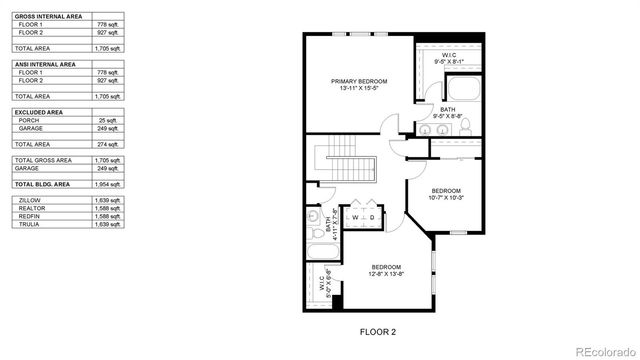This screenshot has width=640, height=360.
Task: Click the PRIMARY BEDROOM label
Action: click(x=359, y=81)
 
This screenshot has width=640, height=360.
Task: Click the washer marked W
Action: click(x=354, y=216)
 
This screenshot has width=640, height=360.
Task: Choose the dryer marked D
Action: click(x=372, y=216)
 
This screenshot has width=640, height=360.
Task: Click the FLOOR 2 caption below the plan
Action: click(x=378, y=331)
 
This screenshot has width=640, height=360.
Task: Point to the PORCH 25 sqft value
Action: click(x=109, y=120)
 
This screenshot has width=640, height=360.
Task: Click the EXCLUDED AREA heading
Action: click(x=36, y=112)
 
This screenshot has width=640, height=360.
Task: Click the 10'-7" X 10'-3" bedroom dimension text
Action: click(x=446, y=197)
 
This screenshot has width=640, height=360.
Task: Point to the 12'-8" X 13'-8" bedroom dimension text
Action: click(x=386, y=273)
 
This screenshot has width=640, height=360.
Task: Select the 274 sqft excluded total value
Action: click(x=109, y=143)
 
